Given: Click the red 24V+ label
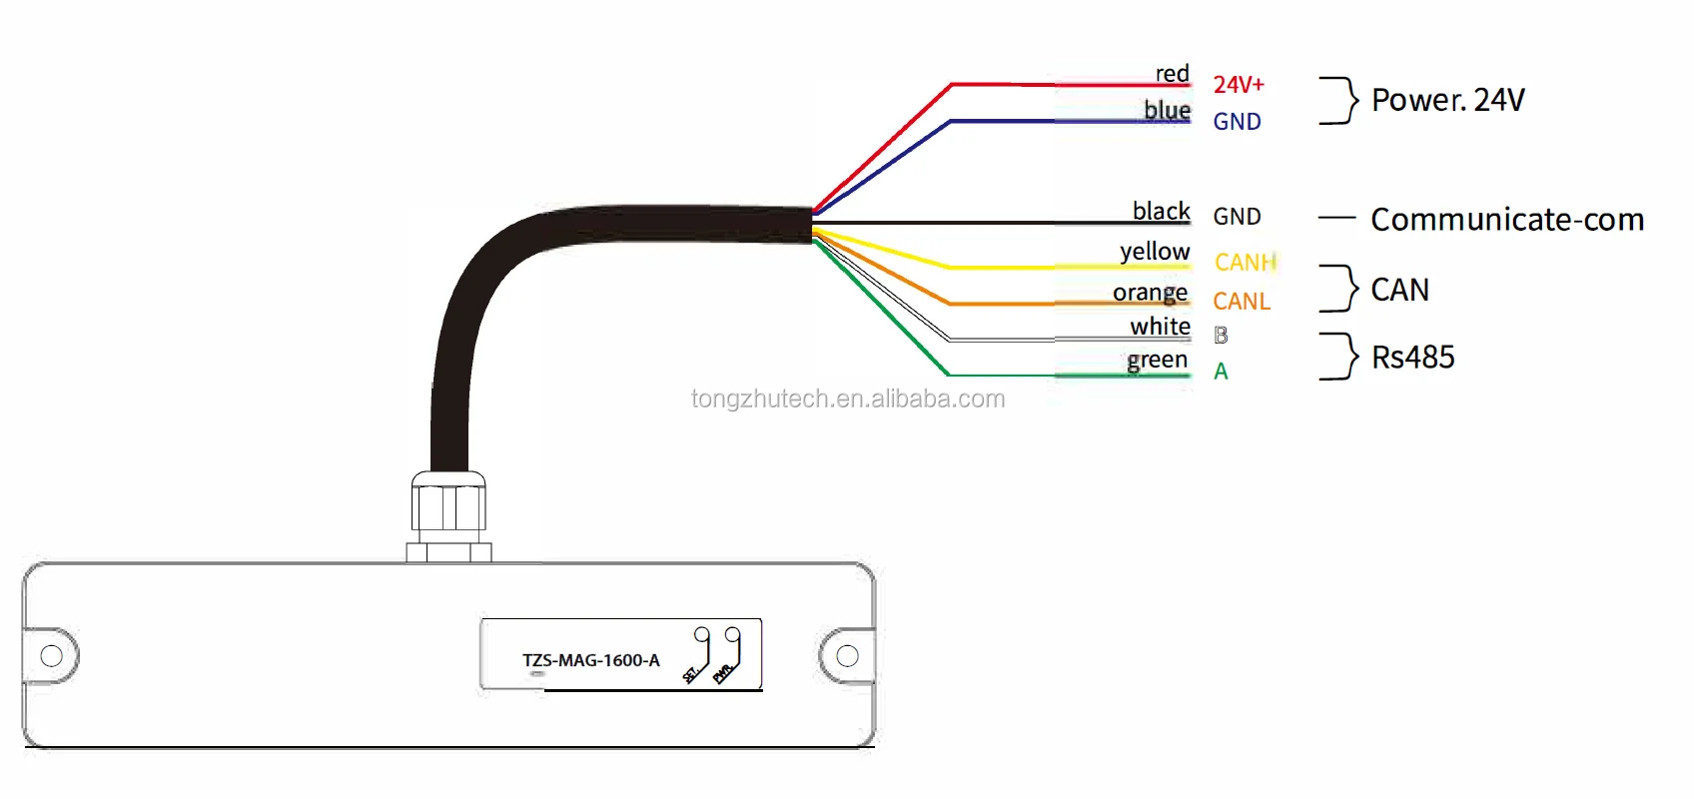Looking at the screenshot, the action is tap(1239, 84).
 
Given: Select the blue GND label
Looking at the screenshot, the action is tap(1238, 121).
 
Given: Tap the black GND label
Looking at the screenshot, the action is tap(1238, 216).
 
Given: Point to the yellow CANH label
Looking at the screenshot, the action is tap(1245, 263).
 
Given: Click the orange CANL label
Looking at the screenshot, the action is tap(1242, 301).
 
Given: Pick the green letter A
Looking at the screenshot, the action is tap(1221, 372).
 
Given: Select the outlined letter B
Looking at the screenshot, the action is tap(1221, 335).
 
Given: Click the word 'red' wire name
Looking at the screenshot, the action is tap(1173, 73).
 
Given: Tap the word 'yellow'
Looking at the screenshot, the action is tap(1155, 251).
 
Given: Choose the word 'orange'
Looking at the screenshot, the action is tap(1151, 293).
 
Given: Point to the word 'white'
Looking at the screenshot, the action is tap(1160, 327).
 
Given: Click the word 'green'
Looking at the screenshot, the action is tap(1157, 360).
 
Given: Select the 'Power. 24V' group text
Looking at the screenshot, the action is tap(1448, 100).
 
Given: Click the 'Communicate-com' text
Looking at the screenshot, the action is tap(1507, 220).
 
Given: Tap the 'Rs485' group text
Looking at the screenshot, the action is tap(1412, 357).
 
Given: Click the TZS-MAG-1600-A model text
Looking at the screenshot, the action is tap(590, 660).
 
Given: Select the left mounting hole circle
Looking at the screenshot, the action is tap(51, 655).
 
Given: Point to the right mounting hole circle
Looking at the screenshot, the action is tap(847, 655).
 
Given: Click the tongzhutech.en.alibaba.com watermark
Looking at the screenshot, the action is tap(848, 399).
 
